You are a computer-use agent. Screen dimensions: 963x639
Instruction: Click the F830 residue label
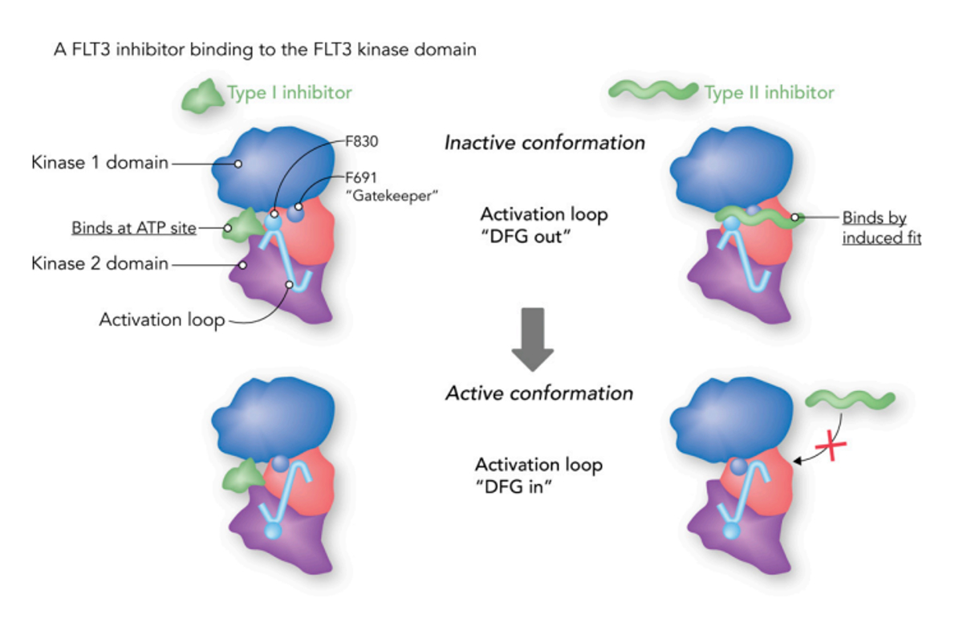pos(362,141)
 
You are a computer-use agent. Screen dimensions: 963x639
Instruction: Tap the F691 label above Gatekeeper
pos(361,177)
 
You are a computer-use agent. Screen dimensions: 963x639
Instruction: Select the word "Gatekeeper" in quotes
pos(392,196)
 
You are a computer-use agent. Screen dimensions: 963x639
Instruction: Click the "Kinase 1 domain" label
pos(100,162)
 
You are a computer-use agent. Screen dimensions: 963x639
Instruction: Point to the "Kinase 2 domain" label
pos(100,263)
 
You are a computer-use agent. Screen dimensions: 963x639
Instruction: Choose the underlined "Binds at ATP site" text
pos(134,228)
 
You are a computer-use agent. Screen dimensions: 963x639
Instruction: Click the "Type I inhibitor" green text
pos(290,93)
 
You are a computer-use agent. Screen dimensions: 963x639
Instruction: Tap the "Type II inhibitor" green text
pos(769,93)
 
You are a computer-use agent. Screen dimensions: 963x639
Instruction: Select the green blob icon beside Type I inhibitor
pos(202,97)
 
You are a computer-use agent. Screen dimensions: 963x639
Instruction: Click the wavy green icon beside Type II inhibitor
pos(653,90)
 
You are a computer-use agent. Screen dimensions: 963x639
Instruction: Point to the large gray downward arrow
pos(533,340)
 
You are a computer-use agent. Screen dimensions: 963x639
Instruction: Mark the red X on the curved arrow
pos(831,446)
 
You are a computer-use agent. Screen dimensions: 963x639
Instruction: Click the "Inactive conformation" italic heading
pos(545,143)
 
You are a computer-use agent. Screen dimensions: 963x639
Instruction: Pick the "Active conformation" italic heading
pos(539,393)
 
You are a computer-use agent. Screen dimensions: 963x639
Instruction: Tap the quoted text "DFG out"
pos(526,237)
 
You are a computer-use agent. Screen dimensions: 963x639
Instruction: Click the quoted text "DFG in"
pos(514,486)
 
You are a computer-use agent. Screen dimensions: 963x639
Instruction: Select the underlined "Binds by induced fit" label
pos(882,227)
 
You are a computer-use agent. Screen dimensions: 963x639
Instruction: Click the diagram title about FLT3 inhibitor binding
pos(266,50)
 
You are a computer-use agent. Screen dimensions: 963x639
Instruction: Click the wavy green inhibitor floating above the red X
pos(850,400)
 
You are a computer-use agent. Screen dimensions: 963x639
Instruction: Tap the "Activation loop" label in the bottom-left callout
pos(162,320)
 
